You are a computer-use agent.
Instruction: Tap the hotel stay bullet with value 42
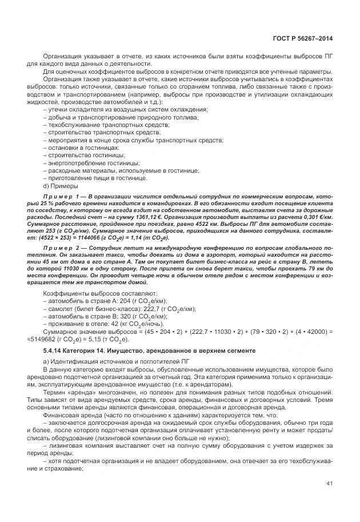tap(91, 324)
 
